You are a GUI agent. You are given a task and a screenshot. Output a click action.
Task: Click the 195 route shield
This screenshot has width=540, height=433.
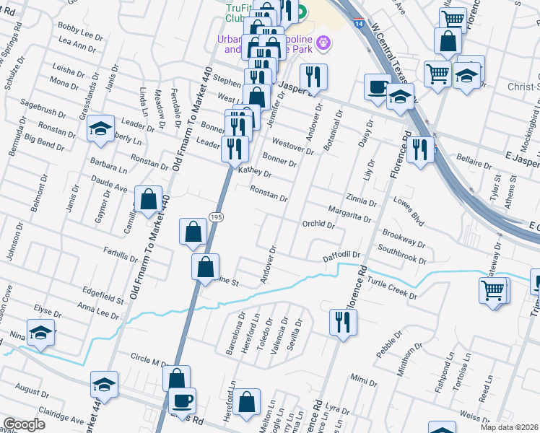tap(215, 217)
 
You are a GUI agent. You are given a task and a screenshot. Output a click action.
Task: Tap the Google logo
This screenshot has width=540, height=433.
tap(24, 424)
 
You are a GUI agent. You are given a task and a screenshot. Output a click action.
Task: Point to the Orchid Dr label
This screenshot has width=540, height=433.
tap(318, 224)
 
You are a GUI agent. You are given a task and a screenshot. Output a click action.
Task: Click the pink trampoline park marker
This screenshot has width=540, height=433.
tap(323, 43)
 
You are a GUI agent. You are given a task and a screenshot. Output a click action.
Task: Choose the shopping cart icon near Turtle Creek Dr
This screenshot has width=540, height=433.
tap(494, 290)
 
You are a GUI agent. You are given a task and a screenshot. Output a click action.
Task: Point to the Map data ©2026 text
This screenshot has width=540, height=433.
tap(509, 427)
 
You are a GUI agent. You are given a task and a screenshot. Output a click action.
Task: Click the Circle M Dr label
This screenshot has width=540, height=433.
tap(149, 358)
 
